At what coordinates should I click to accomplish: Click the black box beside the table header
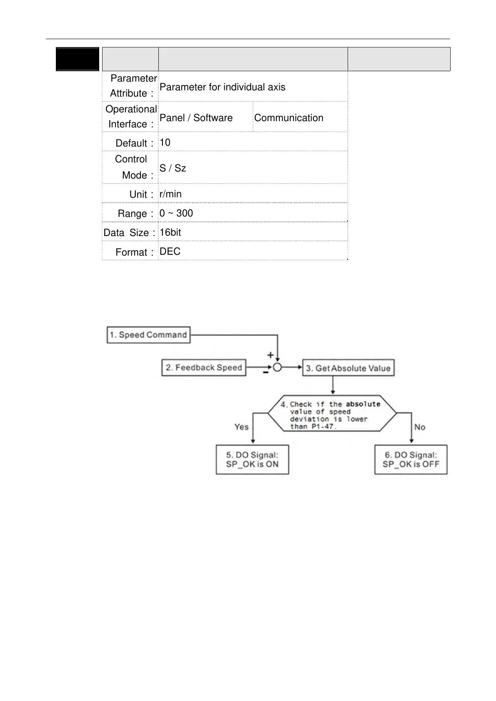78,59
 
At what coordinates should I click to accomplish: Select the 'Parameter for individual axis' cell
222,87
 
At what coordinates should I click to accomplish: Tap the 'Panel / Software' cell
196,118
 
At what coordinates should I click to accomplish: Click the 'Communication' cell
288,118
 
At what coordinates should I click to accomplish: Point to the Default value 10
165,142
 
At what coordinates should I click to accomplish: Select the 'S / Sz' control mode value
173,168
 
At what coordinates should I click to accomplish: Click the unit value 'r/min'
170,194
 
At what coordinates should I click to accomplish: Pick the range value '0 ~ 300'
176,213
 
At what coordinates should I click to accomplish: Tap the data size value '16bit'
170,232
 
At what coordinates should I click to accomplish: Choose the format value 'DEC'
170,251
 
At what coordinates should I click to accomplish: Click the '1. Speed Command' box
149,335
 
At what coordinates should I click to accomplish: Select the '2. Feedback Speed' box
204,368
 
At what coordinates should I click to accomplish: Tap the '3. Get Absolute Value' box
348,368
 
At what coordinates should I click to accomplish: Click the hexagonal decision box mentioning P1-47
332,413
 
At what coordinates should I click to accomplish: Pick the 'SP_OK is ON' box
252,460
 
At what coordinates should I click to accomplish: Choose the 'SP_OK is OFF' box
411,460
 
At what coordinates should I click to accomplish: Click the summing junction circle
277,368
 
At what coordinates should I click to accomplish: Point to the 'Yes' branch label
241,427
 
